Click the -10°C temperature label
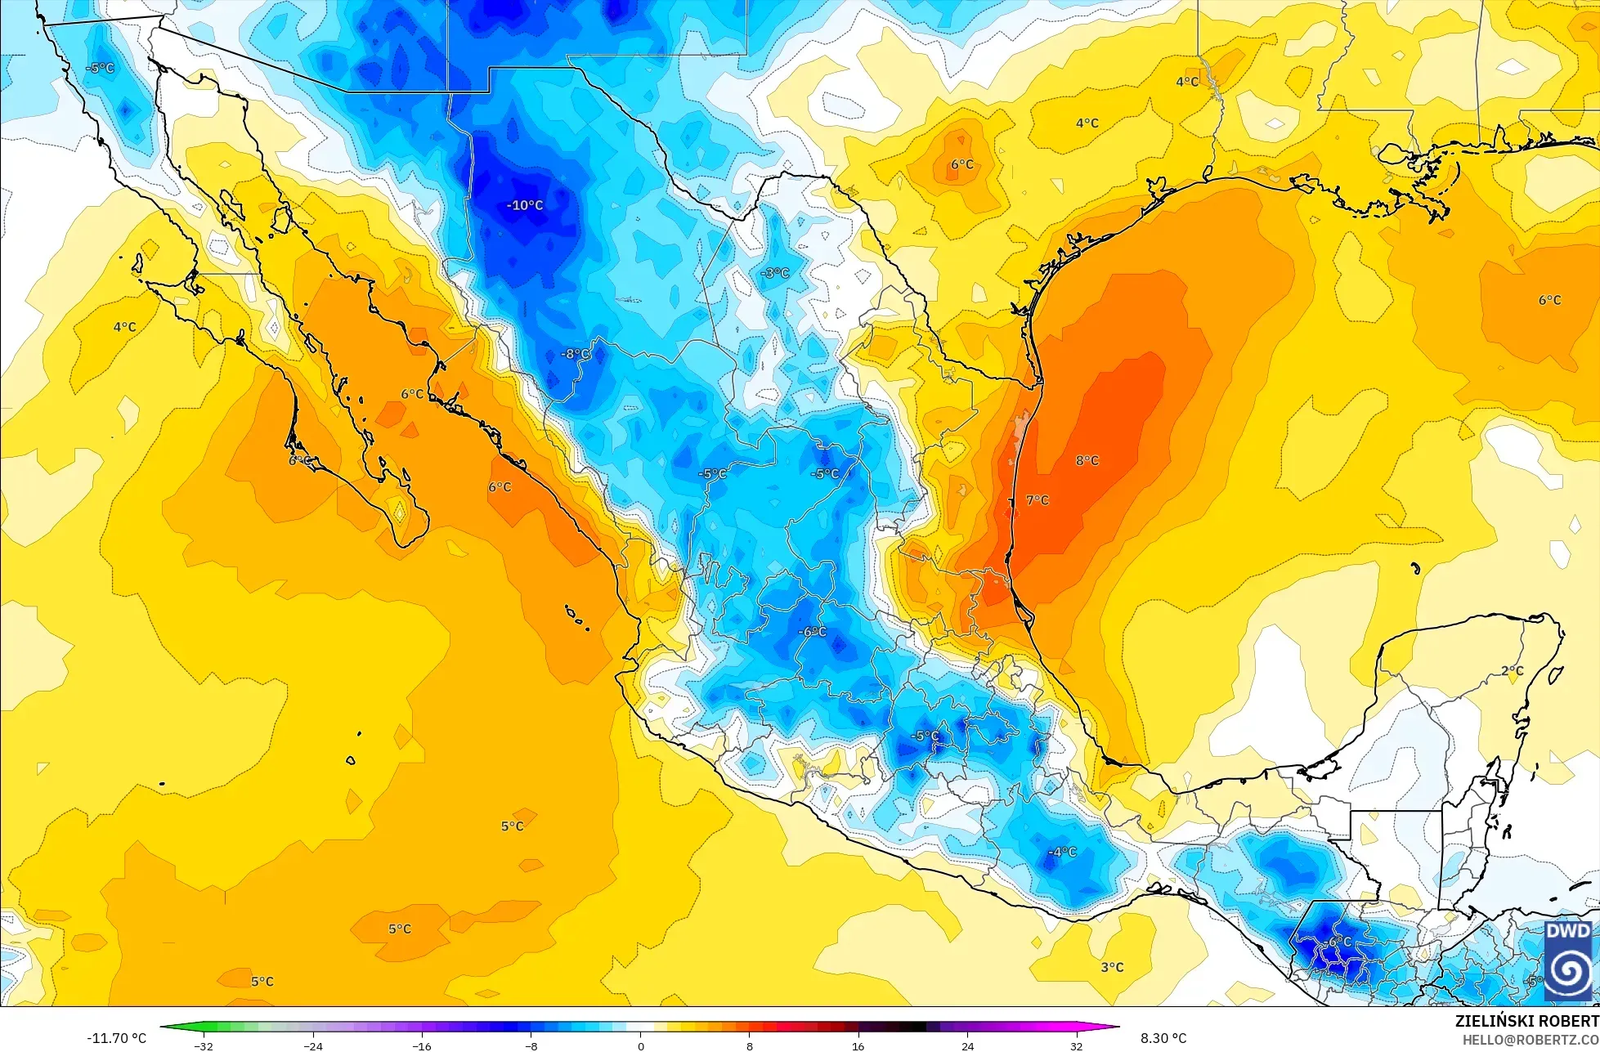tap(525, 205)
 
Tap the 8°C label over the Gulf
tap(1087, 461)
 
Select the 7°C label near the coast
tap(1037, 500)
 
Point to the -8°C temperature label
tap(575, 354)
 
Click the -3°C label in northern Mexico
tap(774, 273)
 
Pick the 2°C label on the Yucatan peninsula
tap(1512, 671)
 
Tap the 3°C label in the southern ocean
tap(1111, 967)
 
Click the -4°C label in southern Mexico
tap(1062, 852)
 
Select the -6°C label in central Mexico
tap(812, 632)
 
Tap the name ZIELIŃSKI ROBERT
tap(1526, 1021)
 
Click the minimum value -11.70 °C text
tap(116, 1038)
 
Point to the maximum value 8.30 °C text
tap(1163, 1038)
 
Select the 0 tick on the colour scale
tap(640, 1046)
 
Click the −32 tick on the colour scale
tap(204, 1046)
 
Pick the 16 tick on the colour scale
tap(858, 1046)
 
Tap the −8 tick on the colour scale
tap(531, 1046)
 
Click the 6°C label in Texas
tap(961, 164)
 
